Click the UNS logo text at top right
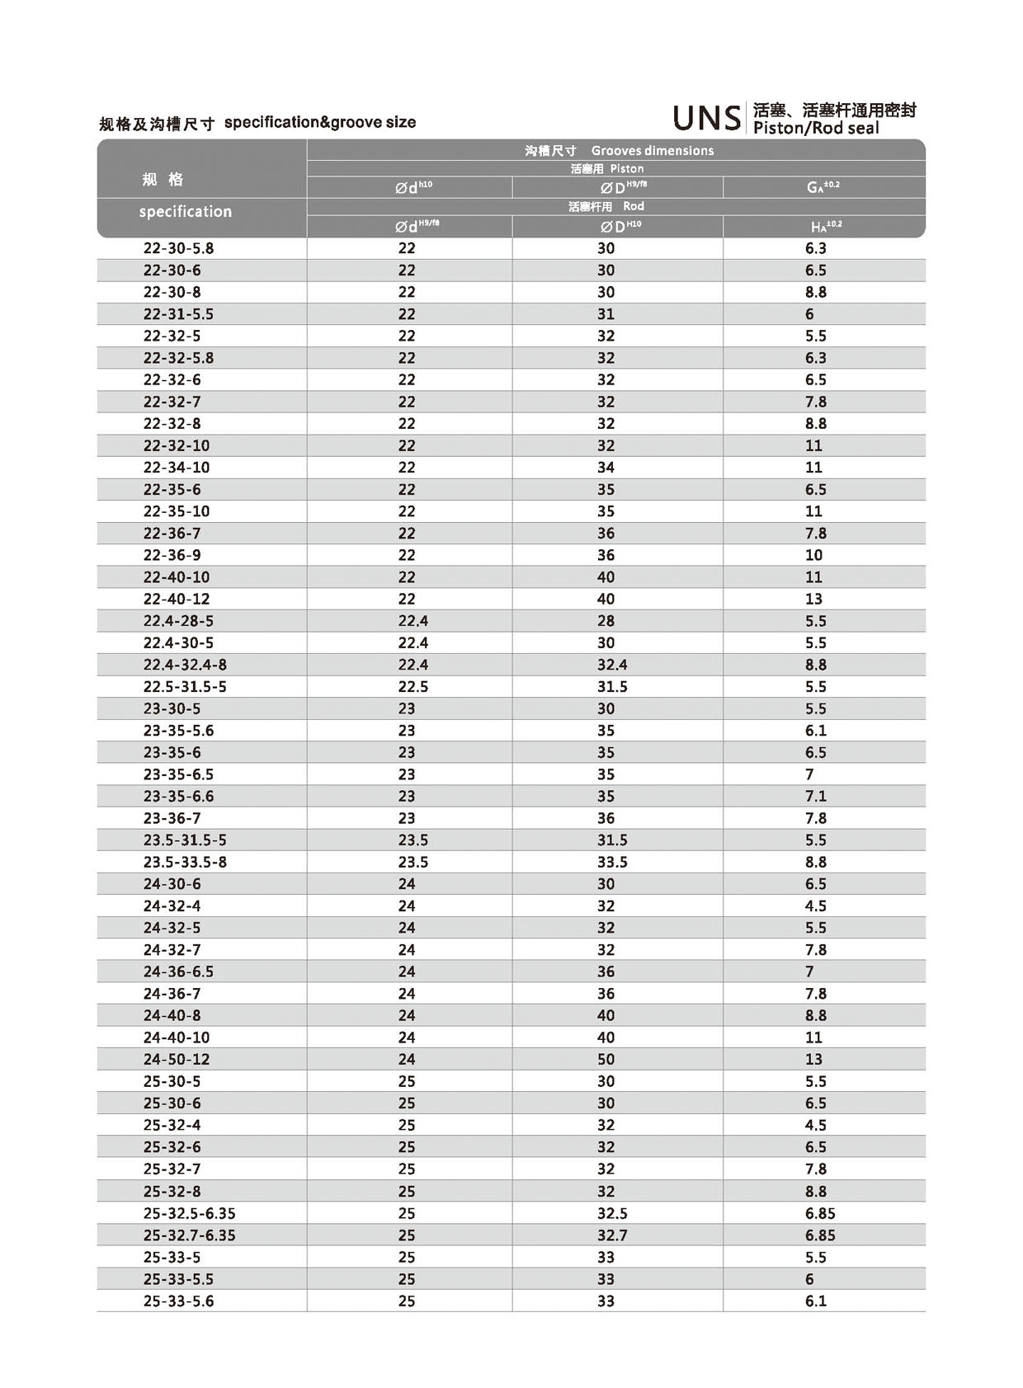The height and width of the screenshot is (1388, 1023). pos(707,119)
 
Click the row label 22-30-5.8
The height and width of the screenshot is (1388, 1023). pos(178,248)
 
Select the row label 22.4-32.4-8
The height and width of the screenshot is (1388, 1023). pos(185,665)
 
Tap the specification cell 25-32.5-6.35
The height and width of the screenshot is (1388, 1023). pos(190,1213)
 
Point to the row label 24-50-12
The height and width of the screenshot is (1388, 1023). pos(177,1059)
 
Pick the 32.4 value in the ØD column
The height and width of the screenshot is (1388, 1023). pos(612,665)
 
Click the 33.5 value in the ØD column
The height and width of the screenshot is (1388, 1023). pos(612,862)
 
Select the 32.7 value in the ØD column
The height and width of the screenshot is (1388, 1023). pos(612,1235)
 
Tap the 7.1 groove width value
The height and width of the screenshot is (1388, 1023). pos(815,796)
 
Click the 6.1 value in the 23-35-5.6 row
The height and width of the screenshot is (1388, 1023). pos(815,731)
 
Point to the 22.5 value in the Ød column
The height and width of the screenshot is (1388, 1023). pos(413,687)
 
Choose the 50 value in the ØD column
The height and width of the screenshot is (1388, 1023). pos(606,1059)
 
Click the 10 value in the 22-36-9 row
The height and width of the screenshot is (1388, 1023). pos(813,555)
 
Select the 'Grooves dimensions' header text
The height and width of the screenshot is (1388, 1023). pos(652,151)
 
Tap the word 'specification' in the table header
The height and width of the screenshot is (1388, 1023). pos(186,212)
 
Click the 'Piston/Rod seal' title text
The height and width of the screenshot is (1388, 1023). pos(816,129)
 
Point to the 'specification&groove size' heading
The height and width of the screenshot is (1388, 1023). pos(320,123)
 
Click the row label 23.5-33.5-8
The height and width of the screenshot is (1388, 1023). pos(185,862)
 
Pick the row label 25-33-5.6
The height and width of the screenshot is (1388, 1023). pos(178,1301)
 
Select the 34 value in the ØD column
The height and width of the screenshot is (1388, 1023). pos(606,468)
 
